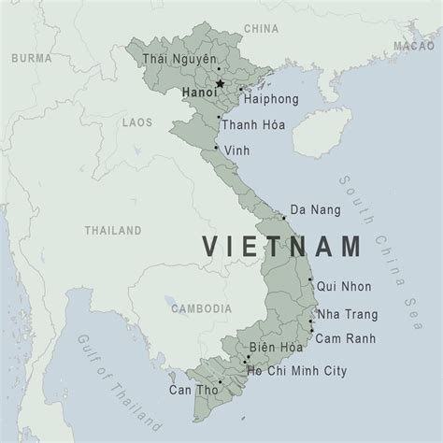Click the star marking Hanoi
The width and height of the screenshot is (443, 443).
[221, 84]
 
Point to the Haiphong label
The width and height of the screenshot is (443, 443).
[269, 96]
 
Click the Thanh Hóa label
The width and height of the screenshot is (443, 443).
[253, 124]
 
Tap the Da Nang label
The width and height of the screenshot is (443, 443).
[312, 209]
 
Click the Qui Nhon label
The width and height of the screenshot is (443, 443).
[343, 287]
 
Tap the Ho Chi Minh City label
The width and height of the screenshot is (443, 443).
[297, 371]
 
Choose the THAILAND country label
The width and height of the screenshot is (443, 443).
[112, 229]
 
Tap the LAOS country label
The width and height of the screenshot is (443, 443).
[137, 121]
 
